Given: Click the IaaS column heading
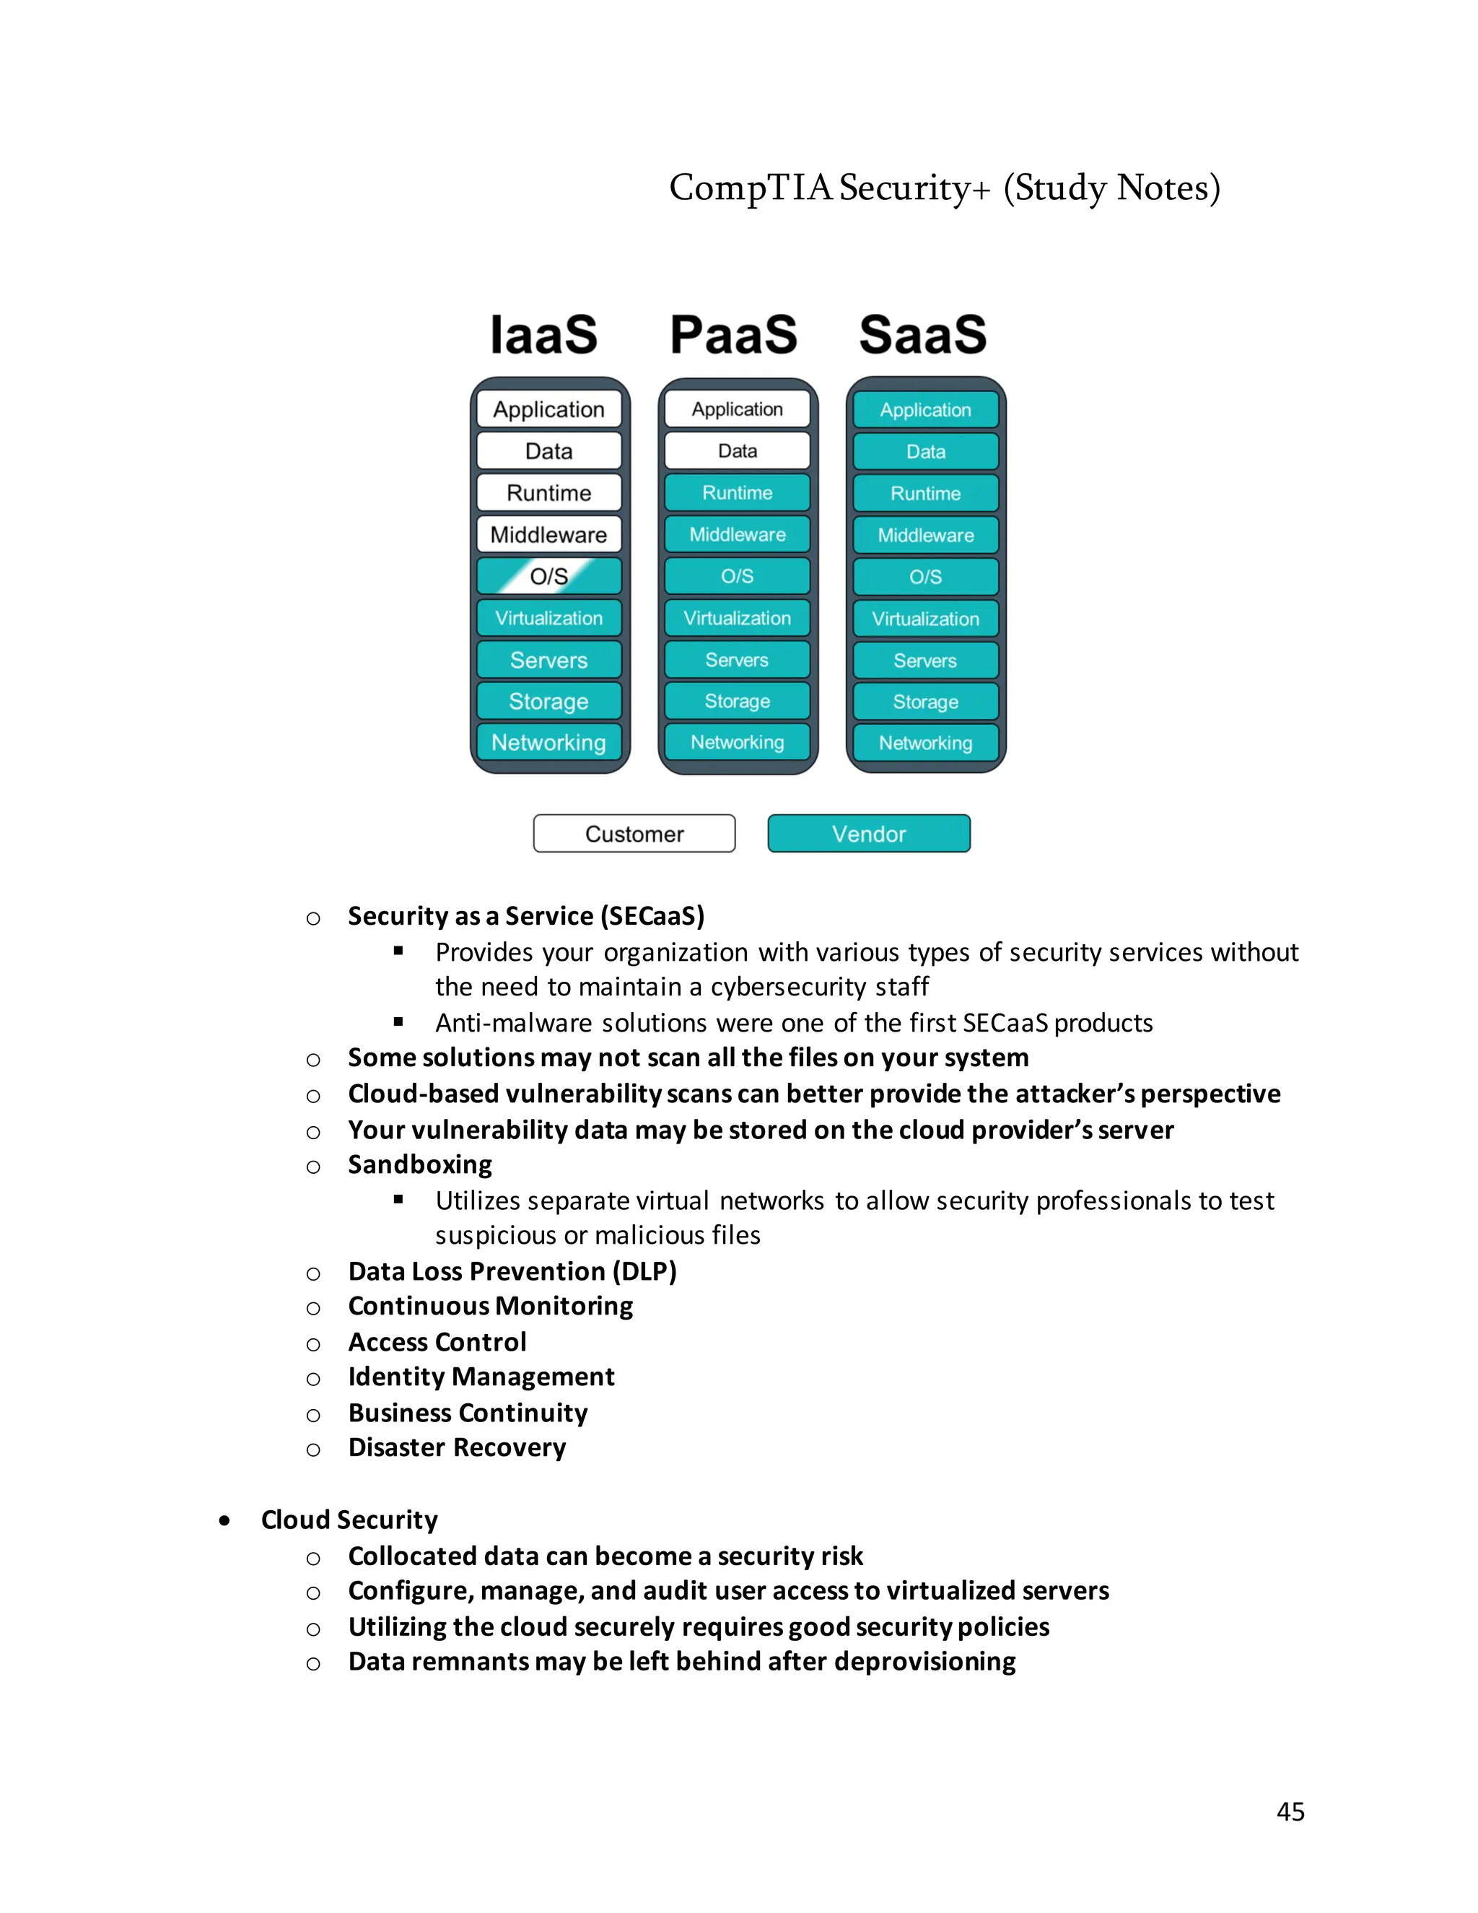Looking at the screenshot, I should [x=543, y=335].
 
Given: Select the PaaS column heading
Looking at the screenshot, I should [x=734, y=335].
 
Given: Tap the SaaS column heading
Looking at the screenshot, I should [x=923, y=335].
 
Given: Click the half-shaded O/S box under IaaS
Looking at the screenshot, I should [x=549, y=576].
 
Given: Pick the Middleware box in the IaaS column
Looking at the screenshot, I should [x=549, y=534].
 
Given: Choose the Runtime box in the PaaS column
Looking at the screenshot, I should [x=738, y=492].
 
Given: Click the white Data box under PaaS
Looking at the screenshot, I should [x=738, y=451].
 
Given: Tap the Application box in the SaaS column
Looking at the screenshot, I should [x=925, y=410].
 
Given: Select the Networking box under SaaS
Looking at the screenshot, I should [x=925, y=743].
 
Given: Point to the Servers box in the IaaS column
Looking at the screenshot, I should [x=549, y=660].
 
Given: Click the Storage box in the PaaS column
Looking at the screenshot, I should [x=738, y=701].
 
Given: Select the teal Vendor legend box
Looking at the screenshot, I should [x=869, y=834].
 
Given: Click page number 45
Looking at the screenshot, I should [x=1290, y=1811].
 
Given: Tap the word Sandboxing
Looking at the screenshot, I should [x=420, y=1165].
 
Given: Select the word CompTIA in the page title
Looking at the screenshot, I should [x=750, y=188].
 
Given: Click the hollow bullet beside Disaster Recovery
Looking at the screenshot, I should [x=313, y=1450].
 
